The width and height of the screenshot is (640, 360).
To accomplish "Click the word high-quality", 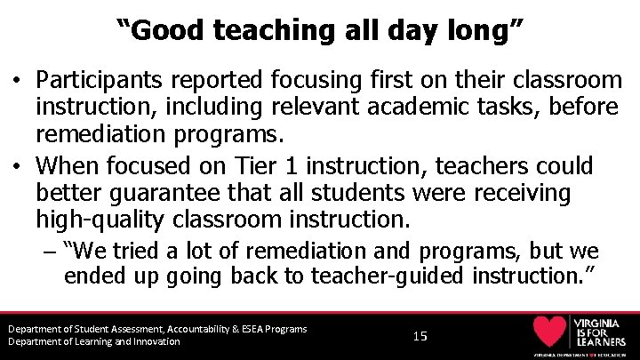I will (98, 218).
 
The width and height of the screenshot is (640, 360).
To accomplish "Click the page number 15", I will (420, 336).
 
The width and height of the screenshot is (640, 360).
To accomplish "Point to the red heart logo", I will (549, 332).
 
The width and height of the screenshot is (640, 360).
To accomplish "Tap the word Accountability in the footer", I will (188, 329).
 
